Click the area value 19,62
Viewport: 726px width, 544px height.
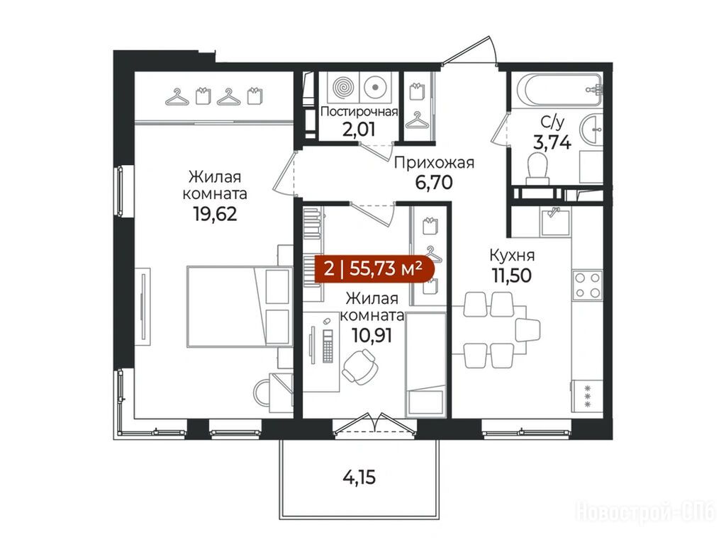tap(216, 214)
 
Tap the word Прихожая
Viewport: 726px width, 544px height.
tap(434, 163)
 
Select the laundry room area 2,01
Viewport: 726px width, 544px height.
tap(358, 129)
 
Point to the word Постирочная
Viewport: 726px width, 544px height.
tap(359, 111)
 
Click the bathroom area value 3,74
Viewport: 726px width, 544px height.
tap(552, 142)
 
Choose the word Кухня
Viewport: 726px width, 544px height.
tap(512, 255)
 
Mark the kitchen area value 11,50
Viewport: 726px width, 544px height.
tap(512, 276)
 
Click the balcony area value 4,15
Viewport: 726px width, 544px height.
tap(359, 477)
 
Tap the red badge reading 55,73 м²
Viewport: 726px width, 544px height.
tap(375, 268)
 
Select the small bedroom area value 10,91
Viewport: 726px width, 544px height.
tap(372, 334)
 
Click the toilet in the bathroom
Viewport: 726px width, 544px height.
tap(537, 166)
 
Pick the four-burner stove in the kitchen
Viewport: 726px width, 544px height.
tap(587, 285)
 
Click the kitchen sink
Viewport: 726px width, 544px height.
tap(555, 221)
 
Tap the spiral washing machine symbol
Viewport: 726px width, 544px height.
tap(343, 86)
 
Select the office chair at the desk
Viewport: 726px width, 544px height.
tap(359, 363)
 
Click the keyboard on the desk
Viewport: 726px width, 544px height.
tap(328, 346)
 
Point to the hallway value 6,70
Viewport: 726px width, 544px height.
tap(434, 183)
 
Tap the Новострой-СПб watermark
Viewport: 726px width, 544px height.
tap(646, 512)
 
